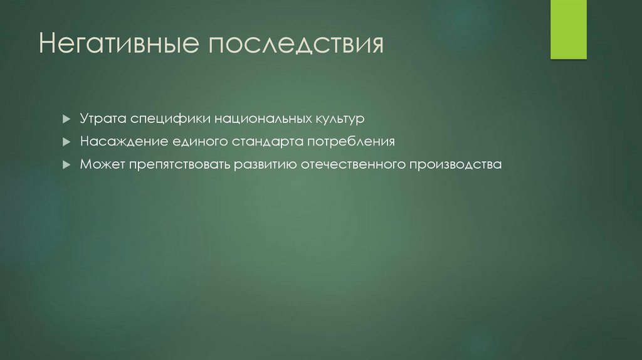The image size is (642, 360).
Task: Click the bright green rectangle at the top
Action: point(568,29)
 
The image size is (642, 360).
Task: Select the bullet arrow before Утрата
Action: point(66,119)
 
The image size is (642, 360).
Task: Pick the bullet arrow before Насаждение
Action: point(66,142)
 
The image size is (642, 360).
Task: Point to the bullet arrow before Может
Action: point(66,165)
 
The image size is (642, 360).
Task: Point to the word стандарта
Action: point(266,142)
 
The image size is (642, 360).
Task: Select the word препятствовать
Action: point(179,165)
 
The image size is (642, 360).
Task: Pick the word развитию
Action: point(265,165)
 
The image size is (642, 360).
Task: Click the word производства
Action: point(456,165)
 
